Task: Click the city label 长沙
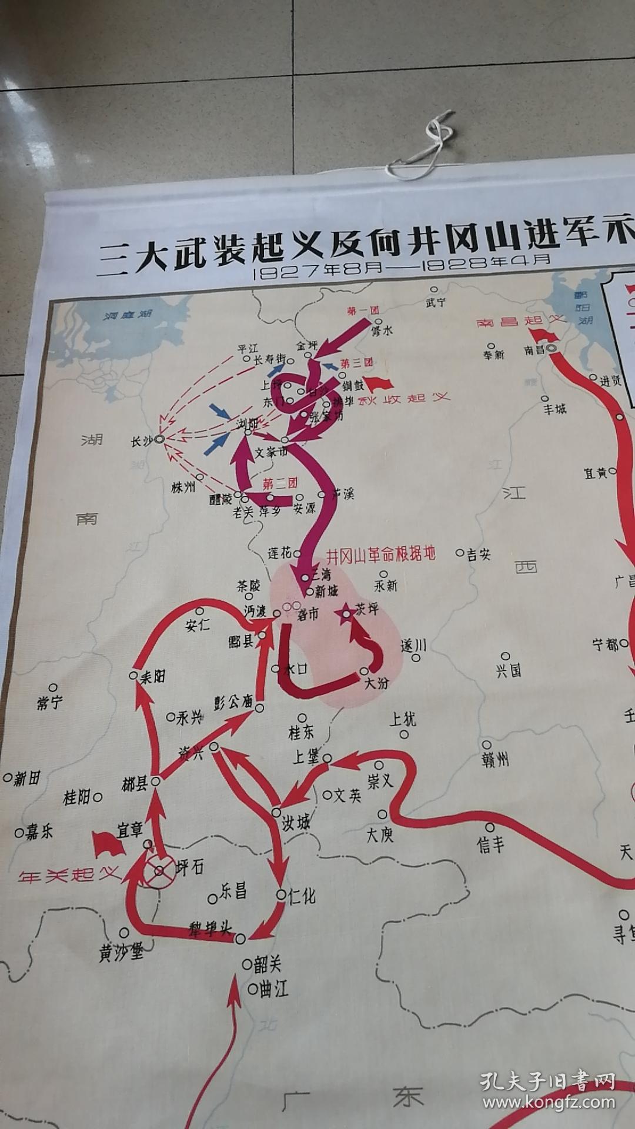tap(142, 440)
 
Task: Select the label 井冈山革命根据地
tap(380, 555)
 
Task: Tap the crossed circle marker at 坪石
tap(161, 870)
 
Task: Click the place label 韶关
tap(268, 964)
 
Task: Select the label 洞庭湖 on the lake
tap(128, 315)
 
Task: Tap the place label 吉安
tap(479, 554)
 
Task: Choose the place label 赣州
tap(494, 759)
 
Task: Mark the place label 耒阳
tap(152, 677)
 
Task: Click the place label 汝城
tap(296, 822)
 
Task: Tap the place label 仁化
tap(301, 896)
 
